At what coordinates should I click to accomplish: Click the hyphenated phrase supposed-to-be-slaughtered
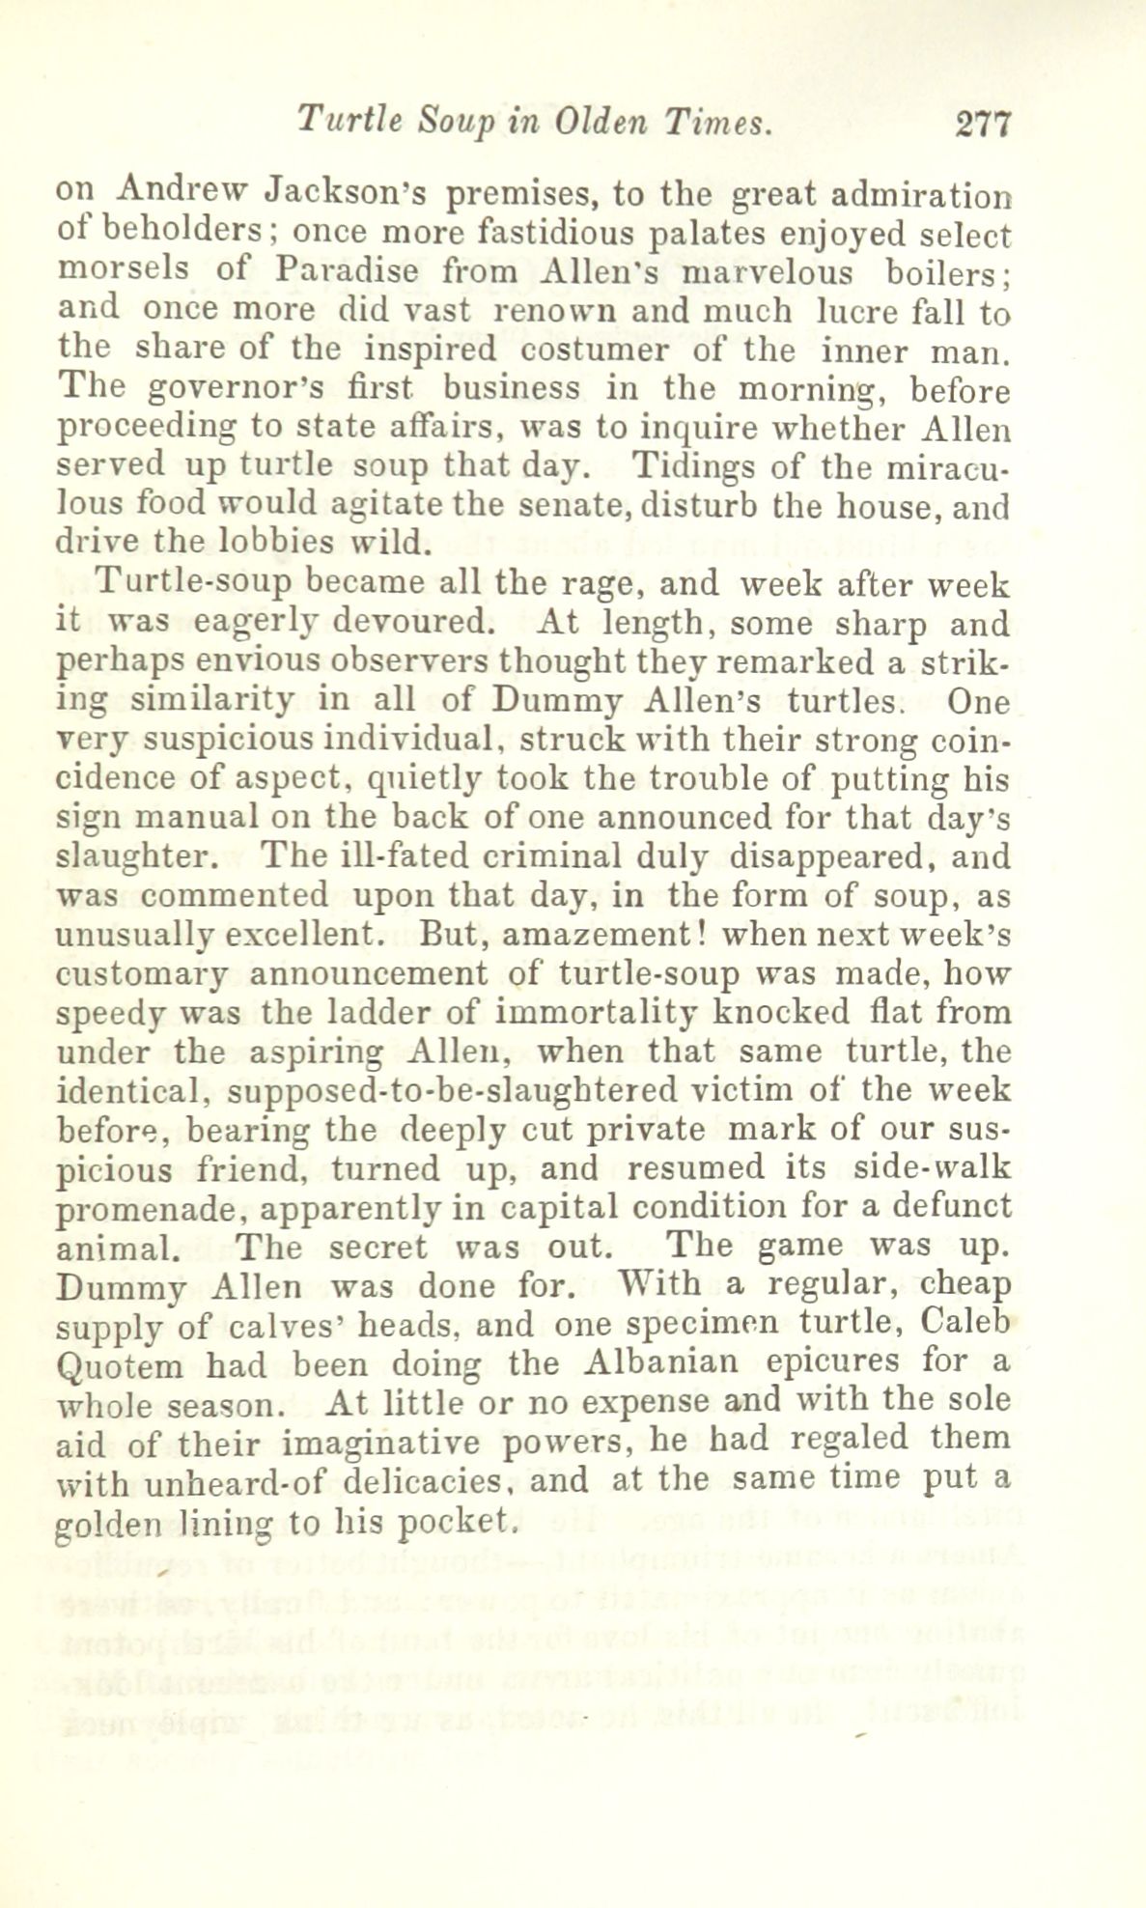pyautogui.click(x=453, y=1090)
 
